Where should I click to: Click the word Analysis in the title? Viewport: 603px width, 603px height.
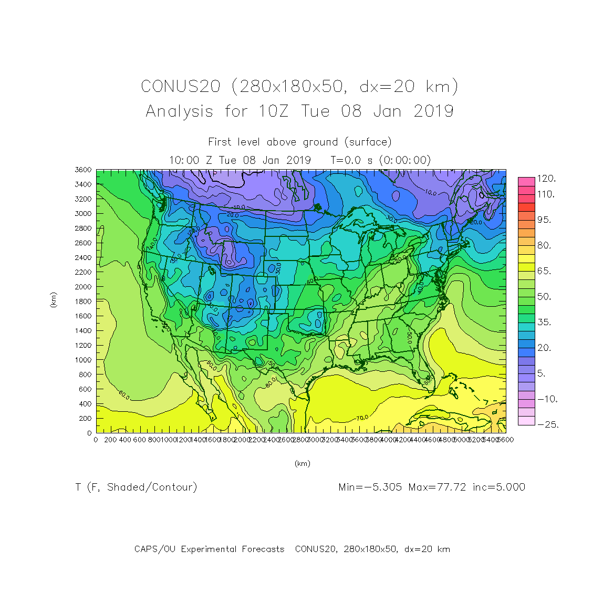pyautogui.click(x=179, y=111)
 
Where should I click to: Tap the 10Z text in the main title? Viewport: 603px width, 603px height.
pyautogui.click(x=274, y=111)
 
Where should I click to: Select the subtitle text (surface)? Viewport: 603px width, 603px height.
pyautogui.click(x=368, y=142)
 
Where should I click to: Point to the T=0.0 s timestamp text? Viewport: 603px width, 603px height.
pyautogui.click(x=350, y=160)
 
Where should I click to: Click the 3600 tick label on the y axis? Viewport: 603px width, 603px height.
pyautogui.click(x=83, y=170)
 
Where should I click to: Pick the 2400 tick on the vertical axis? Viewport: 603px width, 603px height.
pyautogui.click(x=83, y=257)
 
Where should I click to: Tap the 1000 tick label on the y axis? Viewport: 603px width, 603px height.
pyautogui.click(x=83, y=360)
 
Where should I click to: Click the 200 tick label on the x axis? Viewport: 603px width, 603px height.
pyautogui.click(x=110, y=440)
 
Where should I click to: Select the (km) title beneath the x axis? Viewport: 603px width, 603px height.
pyautogui.click(x=302, y=463)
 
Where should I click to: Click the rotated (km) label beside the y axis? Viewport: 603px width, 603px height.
pyautogui.click(x=53, y=300)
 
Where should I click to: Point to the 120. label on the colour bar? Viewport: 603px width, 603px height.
pyautogui.click(x=546, y=179)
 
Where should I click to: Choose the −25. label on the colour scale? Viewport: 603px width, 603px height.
pyautogui.click(x=548, y=424)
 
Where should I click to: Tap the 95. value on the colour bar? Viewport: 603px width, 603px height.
pyautogui.click(x=544, y=220)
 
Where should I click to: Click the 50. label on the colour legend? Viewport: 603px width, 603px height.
pyautogui.click(x=544, y=296)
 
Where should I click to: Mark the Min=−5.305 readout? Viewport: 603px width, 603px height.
pyautogui.click(x=370, y=487)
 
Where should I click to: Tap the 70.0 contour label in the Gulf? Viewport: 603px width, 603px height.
pyautogui.click(x=361, y=418)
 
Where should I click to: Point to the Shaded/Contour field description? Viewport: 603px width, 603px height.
pyautogui.click(x=152, y=487)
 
